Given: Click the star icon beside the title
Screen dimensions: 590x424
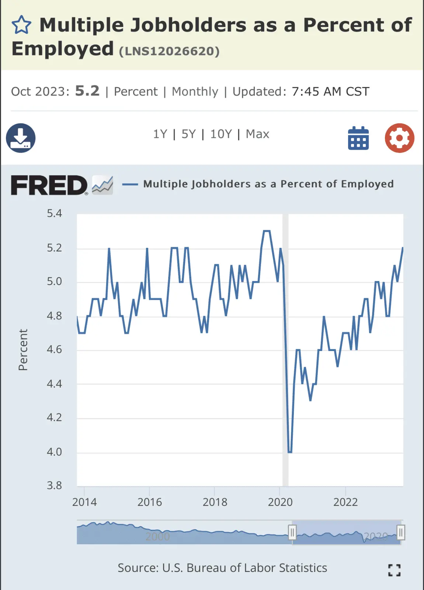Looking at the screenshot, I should click(x=21, y=25).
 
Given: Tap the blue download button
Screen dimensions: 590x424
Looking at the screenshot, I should click(x=21, y=138).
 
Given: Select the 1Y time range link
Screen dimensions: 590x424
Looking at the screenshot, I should click(x=160, y=134).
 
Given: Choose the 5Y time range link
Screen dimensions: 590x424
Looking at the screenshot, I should click(x=188, y=134).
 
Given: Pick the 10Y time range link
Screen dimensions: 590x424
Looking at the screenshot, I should click(x=221, y=134).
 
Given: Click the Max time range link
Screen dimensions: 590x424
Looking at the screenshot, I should click(x=257, y=134).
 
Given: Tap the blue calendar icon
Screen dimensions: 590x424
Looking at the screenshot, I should click(x=358, y=138).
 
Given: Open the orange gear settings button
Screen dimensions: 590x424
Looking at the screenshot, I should click(x=399, y=138).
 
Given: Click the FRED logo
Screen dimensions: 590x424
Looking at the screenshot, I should click(x=49, y=185).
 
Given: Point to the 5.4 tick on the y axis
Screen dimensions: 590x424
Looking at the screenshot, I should click(x=54, y=214).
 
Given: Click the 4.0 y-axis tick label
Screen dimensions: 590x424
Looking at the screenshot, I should click(x=54, y=452).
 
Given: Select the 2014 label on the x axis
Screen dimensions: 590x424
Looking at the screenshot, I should click(x=84, y=502).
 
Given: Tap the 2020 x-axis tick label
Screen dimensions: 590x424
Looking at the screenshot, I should click(x=280, y=502).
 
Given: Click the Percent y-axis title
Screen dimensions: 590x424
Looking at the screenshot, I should click(x=23, y=350).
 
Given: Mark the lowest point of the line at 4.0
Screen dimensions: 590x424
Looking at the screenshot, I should click(x=290, y=452).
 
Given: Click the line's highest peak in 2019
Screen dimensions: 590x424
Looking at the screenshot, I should click(x=267, y=231).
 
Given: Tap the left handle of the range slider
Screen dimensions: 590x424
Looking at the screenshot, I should click(x=292, y=532).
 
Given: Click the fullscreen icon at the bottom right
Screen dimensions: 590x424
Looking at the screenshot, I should click(x=394, y=570).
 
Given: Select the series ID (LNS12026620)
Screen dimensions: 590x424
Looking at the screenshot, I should click(x=169, y=51).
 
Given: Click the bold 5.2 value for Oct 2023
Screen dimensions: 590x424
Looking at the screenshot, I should click(x=87, y=91).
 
